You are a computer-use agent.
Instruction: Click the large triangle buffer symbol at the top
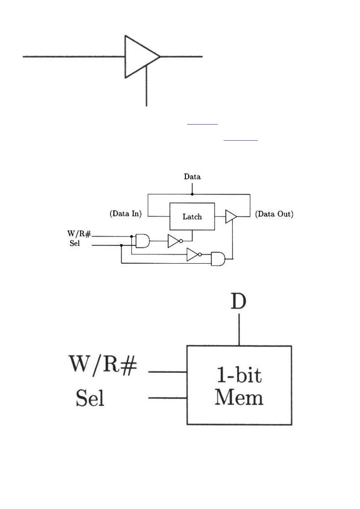tap(139, 56)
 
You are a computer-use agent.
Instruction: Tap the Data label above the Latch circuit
tap(192, 177)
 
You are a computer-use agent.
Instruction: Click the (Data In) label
tap(125, 214)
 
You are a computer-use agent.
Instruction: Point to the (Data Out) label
tap(275, 214)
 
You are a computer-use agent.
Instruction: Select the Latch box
tap(192, 216)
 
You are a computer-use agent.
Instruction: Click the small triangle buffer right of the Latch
tap(231, 216)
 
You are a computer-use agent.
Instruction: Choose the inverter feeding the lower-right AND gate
tap(193, 255)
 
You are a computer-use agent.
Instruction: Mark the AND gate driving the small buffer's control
tap(218, 259)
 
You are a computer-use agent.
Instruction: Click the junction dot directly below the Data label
tap(192, 194)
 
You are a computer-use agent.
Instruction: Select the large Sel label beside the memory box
tap(90, 398)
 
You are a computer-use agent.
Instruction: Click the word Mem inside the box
tap(239, 397)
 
